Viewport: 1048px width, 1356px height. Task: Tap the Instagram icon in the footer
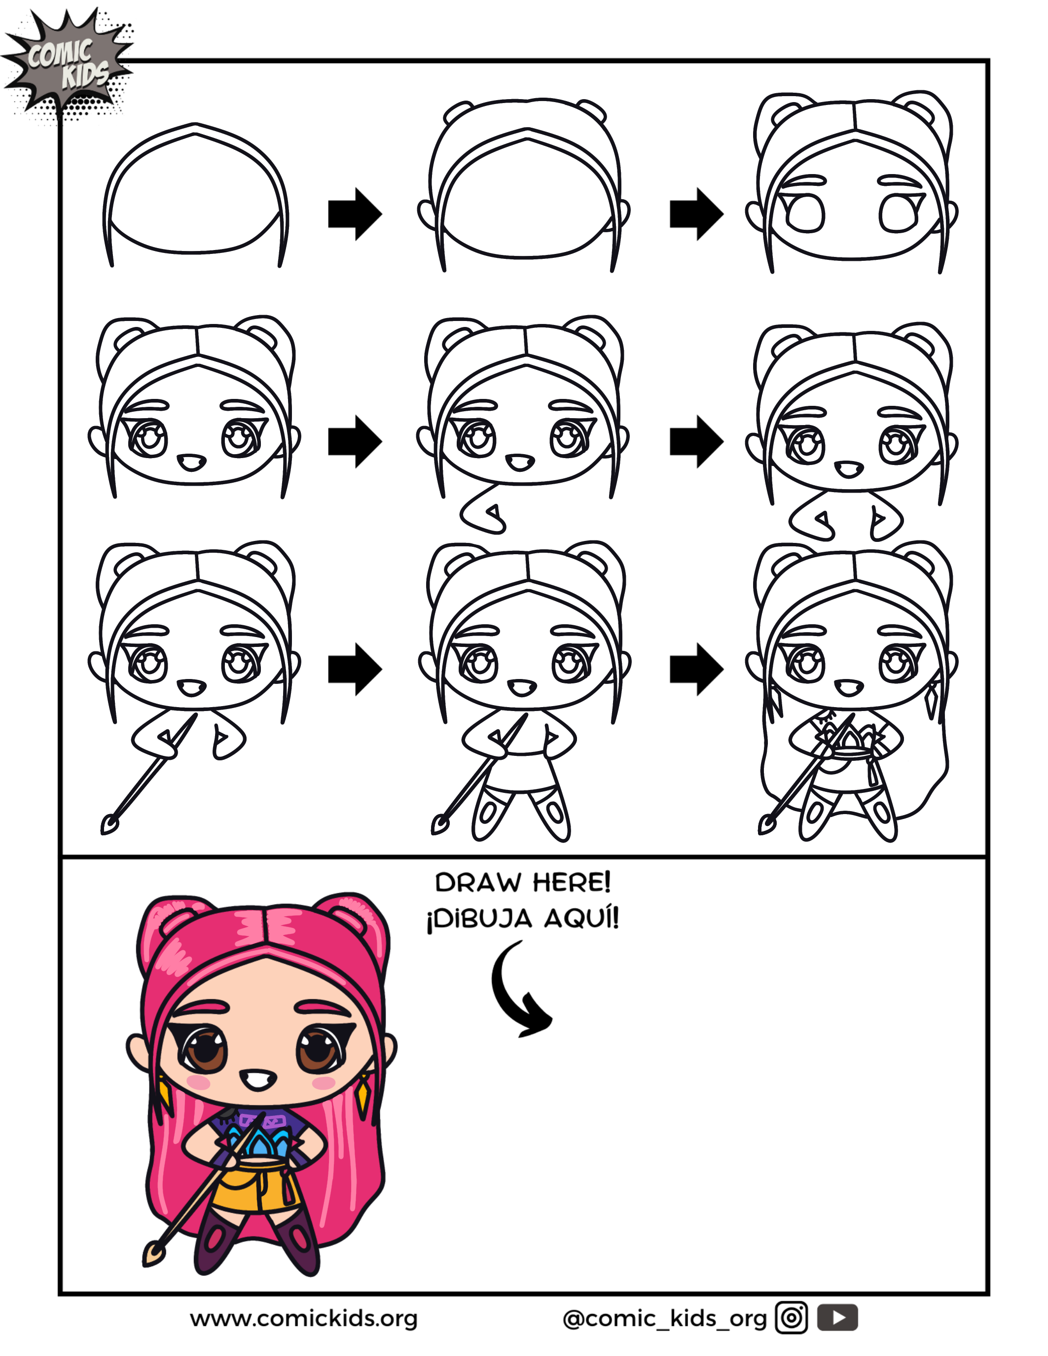tap(791, 1318)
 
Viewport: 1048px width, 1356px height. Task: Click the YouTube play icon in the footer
tap(837, 1318)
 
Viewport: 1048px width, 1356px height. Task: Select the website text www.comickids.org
tap(304, 1318)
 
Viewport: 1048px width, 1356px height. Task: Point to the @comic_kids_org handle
tap(664, 1319)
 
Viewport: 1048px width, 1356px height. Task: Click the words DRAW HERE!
tap(523, 882)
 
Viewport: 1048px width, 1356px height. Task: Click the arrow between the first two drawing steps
tap(355, 214)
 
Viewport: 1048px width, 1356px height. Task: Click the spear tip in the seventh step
tap(110, 824)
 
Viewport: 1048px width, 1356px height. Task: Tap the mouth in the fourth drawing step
tap(191, 463)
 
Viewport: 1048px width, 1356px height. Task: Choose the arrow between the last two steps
tap(696, 669)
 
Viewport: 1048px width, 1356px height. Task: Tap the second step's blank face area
tap(527, 199)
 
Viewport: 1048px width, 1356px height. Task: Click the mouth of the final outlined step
tap(849, 688)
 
